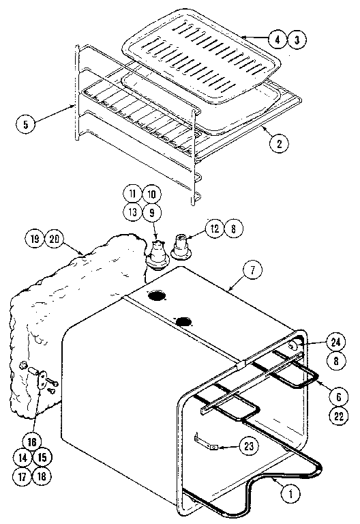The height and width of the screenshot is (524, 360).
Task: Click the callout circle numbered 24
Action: point(335,343)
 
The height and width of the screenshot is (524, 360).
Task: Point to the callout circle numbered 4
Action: point(277,39)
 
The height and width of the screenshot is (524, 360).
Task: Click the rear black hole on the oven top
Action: point(157,297)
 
